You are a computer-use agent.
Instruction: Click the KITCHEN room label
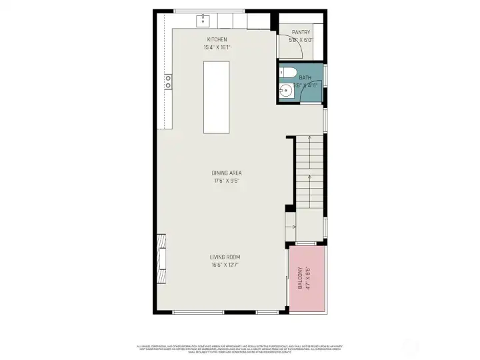(x=217, y=39)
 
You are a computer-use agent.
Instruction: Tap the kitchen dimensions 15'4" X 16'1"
(x=217, y=47)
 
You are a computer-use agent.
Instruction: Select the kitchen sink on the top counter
(x=203, y=21)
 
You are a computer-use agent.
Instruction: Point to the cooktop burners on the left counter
(x=168, y=81)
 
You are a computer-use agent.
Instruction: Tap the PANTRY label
(x=301, y=32)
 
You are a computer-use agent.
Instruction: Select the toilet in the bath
(x=289, y=72)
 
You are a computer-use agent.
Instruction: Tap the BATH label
(x=305, y=78)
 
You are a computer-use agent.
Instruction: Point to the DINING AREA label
(x=227, y=173)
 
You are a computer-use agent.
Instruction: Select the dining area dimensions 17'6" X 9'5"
(x=227, y=180)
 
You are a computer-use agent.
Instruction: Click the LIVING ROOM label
(x=225, y=257)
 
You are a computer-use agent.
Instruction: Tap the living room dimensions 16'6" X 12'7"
(x=225, y=264)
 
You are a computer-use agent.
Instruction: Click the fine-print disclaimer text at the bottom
(x=240, y=347)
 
